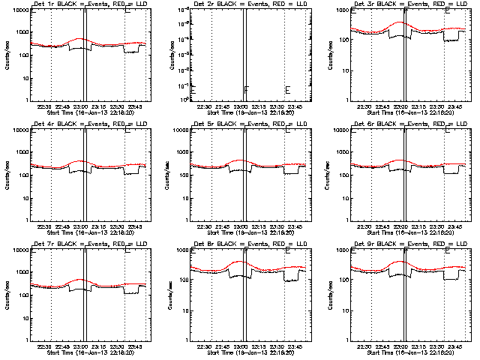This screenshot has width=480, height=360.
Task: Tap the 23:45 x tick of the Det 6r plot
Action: (x=457, y=226)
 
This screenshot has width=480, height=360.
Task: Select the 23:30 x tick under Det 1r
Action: (x=118, y=106)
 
